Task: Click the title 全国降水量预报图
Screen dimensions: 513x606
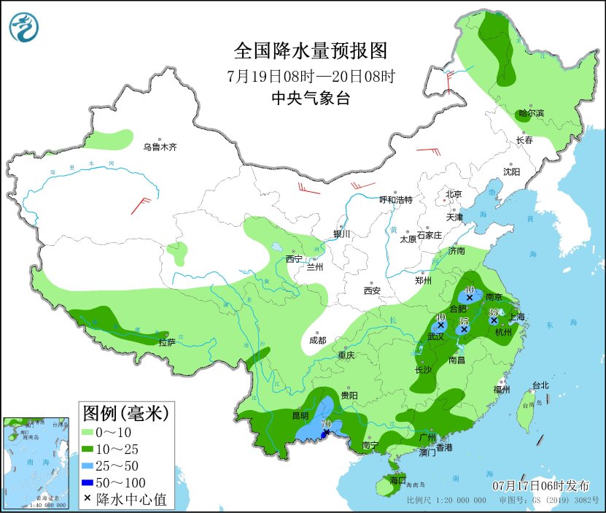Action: click(x=310, y=50)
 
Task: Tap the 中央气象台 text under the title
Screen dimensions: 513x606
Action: click(x=310, y=99)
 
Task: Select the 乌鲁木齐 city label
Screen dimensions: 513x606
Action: click(x=160, y=147)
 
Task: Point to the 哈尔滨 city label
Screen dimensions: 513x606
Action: click(x=531, y=113)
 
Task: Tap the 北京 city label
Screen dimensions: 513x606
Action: click(x=454, y=194)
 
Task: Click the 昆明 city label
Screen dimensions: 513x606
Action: click(x=280, y=416)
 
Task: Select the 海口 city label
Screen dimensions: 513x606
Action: click(x=397, y=480)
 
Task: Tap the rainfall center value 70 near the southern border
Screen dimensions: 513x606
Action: click(x=326, y=424)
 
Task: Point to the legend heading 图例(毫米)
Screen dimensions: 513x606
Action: click(x=125, y=414)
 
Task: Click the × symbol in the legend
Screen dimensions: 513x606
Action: click(x=88, y=499)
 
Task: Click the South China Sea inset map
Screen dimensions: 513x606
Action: click(x=36, y=463)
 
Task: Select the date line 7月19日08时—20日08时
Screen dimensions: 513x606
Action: click(x=310, y=75)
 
